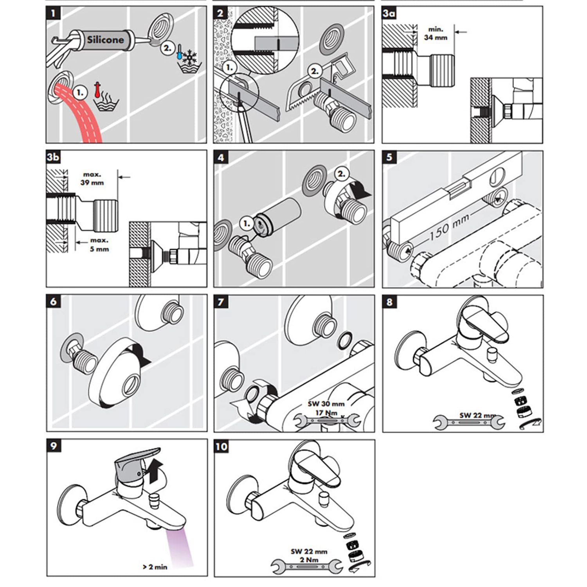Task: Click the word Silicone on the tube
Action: tap(105, 40)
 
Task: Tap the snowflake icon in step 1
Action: tap(191, 57)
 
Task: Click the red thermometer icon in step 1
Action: tap(97, 90)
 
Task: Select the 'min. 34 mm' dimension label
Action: tap(435, 33)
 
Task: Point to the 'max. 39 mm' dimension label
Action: tap(92, 178)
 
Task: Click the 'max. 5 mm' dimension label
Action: tap(99, 245)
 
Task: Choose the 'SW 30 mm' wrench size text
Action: tap(326, 403)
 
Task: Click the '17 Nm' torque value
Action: tap(326, 412)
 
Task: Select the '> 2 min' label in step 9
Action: tap(155, 567)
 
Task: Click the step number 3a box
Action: tap(389, 13)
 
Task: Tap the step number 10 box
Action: tap(221, 447)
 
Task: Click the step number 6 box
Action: tap(53, 302)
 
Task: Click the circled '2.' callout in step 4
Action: tap(341, 174)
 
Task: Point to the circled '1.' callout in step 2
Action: tap(230, 67)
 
